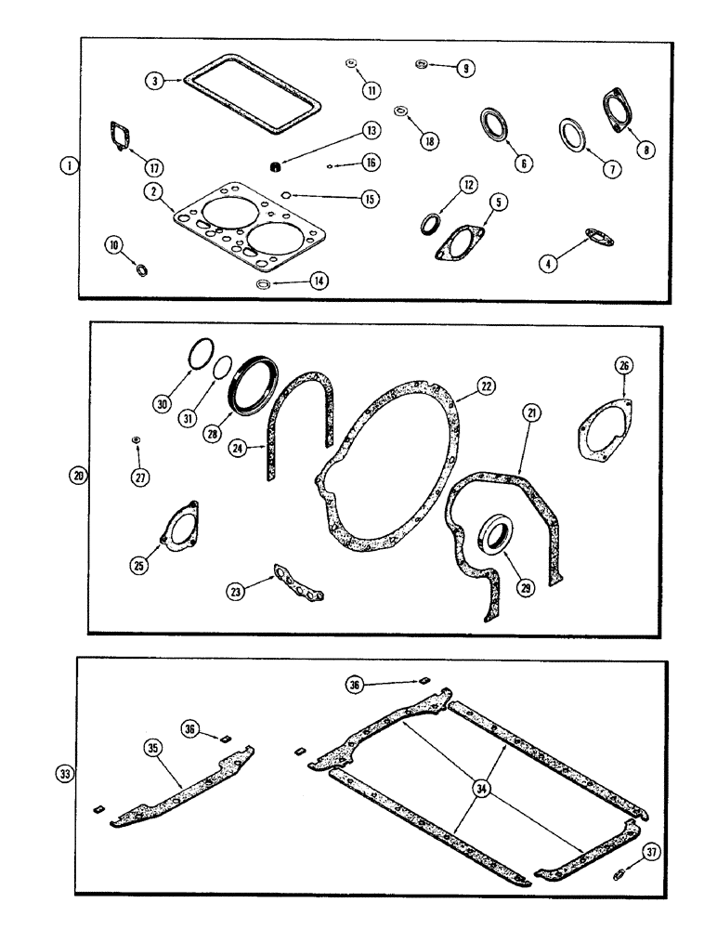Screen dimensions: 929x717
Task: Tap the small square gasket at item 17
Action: point(119,133)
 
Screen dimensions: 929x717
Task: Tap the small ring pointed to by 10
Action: point(142,270)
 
